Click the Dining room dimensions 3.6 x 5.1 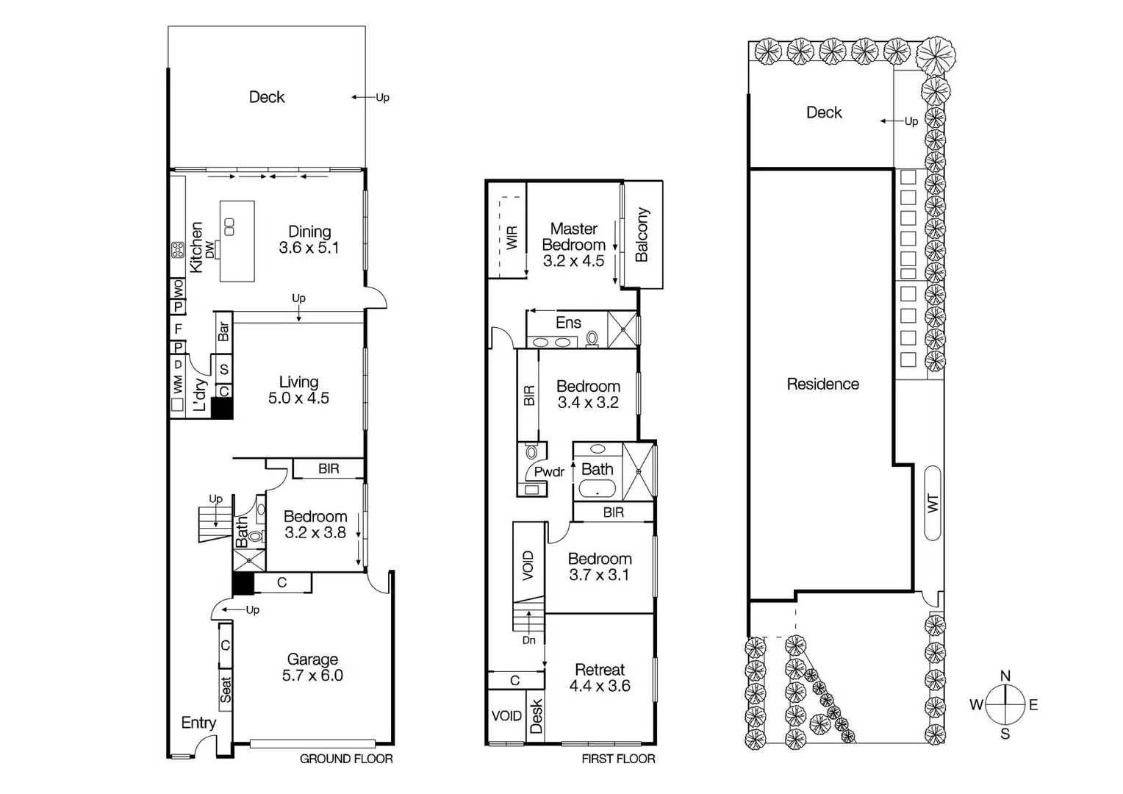pos(309,248)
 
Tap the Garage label pos(312,659)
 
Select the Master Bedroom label pos(573,237)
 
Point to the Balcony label pos(642,235)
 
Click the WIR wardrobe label pos(512,237)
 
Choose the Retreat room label pos(600,670)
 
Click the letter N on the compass pos(1005,676)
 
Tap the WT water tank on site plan pos(933,504)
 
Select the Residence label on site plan pos(822,384)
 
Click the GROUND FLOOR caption pos(346,759)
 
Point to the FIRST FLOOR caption pos(618,759)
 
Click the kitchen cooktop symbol pos(178,250)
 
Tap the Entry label pos(198,723)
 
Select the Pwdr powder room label pos(549,472)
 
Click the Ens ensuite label pos(568,323)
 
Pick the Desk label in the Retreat pos(536,717)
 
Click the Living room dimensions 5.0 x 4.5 pos(298,398)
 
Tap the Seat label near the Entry pos(225,689)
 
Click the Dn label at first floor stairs pos(529,640)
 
